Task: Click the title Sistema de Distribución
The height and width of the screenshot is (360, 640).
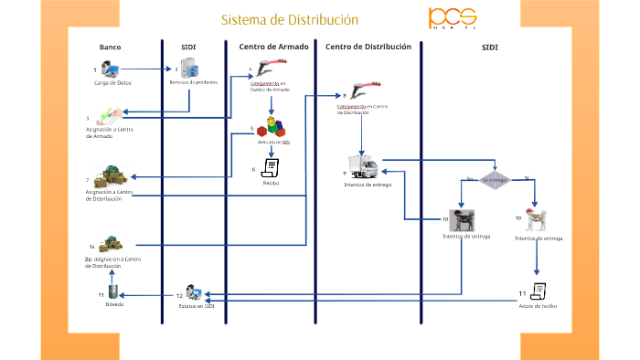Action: pyautogui.click(x=289, y=19)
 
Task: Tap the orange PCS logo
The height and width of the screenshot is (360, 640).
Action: pyautogui.click(x=453, y=18)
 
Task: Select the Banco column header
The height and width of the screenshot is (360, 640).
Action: pyautogui.click(x=110, y=47)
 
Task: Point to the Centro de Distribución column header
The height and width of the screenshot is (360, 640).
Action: pyautogui.click(x=368, y=47)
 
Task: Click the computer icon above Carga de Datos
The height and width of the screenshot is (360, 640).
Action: pyautogui.click(x=110, y=69)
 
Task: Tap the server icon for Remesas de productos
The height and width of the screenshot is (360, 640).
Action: pyautogui.click(x=189, y=68)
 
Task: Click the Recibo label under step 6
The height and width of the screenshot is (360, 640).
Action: pyautogui.click(x=271, y=183)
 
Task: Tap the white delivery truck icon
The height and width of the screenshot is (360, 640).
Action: pyautogui.click(x=363, y=167)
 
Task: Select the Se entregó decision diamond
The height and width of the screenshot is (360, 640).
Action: pyautogui.click(x=495, y=180)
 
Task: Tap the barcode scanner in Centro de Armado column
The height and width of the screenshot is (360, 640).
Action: pyautogui.click(x=269, y=69)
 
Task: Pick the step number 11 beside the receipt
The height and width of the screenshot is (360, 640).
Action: pyautogui.click(x=522, y=292)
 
